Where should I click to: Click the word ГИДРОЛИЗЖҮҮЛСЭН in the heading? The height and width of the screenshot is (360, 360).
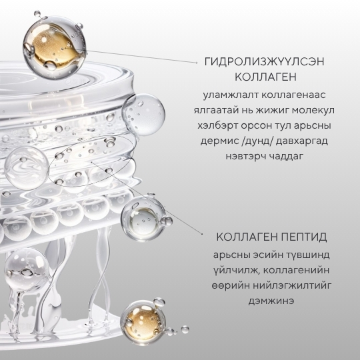click(264, 62)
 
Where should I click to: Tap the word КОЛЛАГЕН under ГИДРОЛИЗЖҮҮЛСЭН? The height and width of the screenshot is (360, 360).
click(265, 77)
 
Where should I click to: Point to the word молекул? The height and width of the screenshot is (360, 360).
click(313, 110)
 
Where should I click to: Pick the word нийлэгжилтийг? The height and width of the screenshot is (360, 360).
click(292, 286)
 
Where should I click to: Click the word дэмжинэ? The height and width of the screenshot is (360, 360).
click(271, 301)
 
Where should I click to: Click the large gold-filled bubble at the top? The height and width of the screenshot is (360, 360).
click(55, 48)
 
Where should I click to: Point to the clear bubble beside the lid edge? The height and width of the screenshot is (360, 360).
click(143, 115)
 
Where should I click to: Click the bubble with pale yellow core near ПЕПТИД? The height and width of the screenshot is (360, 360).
click(143, 219)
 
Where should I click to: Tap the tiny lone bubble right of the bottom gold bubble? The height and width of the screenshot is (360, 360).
click(185, 329)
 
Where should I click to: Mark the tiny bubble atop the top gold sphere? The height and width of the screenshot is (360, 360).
click(37, 14)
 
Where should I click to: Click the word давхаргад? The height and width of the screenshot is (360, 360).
click(301, 141)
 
